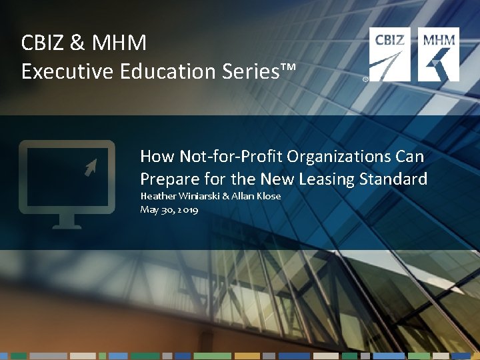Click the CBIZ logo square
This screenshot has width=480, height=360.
[x=391, y=54]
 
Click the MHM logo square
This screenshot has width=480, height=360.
[x=439, y=54]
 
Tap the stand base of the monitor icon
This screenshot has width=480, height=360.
[x=67, y=225]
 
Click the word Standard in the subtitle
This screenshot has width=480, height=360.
[x=394, y=179]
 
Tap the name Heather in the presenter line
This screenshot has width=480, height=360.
[x=158, y=197]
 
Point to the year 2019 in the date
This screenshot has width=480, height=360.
[x=187, y=209]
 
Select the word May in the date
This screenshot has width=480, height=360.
[x=149, y=210]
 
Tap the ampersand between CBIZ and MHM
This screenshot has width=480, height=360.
[x=77, y=43]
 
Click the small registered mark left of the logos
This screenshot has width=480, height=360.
[x=365, y=79]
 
